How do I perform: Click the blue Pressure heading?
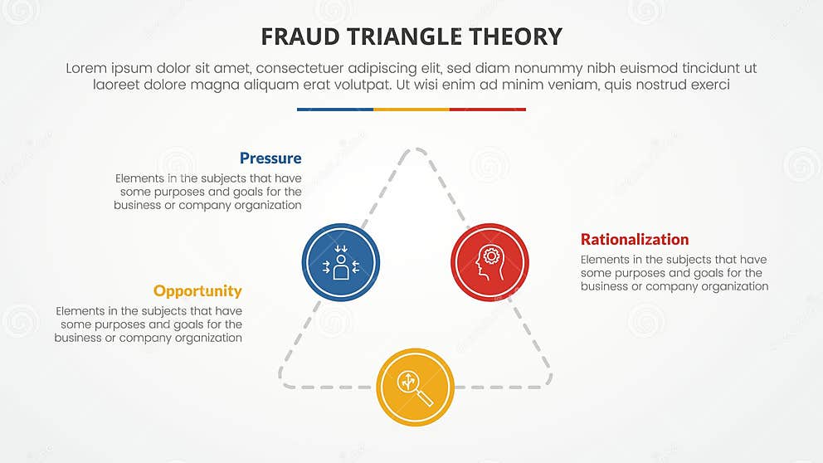(270, 158)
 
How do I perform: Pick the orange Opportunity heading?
(197, 291)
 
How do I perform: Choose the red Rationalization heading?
(635, 240)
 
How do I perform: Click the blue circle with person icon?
(341, 262)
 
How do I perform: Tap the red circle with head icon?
(489, 262)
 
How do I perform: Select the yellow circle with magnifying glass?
(415, 387)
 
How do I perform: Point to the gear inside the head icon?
(492, 256)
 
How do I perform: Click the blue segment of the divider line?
(334, 109)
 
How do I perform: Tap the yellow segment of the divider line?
(411, 109)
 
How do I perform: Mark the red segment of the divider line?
(488, 109)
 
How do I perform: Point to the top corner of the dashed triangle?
(415, 152)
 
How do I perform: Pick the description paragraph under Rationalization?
(674, 273)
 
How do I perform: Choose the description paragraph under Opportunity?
(149, 324)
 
